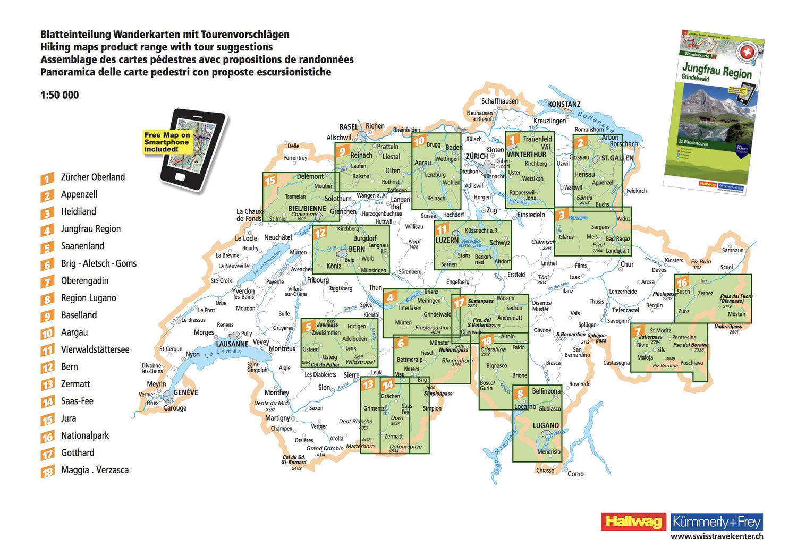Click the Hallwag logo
tap(633, 522)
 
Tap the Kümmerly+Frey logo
tap(717, 522)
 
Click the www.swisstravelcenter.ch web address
tap(717, 536)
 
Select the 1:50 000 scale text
tap(60, 95)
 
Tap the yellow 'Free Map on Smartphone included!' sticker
tap(166, 142)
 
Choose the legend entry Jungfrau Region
tap(91, 229)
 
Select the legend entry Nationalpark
tap(85, 436)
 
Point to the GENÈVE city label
tap(185, 392)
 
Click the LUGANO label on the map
tap(546, 425)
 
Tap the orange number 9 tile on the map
tap(342, 151)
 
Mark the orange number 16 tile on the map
tap(682, 282)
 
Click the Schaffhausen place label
tap(499, 101)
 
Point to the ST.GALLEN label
tap(617, 158)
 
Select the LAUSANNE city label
tap(232, 344)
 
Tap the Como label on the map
tap(575, 474)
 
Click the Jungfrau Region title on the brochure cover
tap(717, 70)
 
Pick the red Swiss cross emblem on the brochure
tap(748, 52)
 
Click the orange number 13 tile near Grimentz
tap(368, 384)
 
